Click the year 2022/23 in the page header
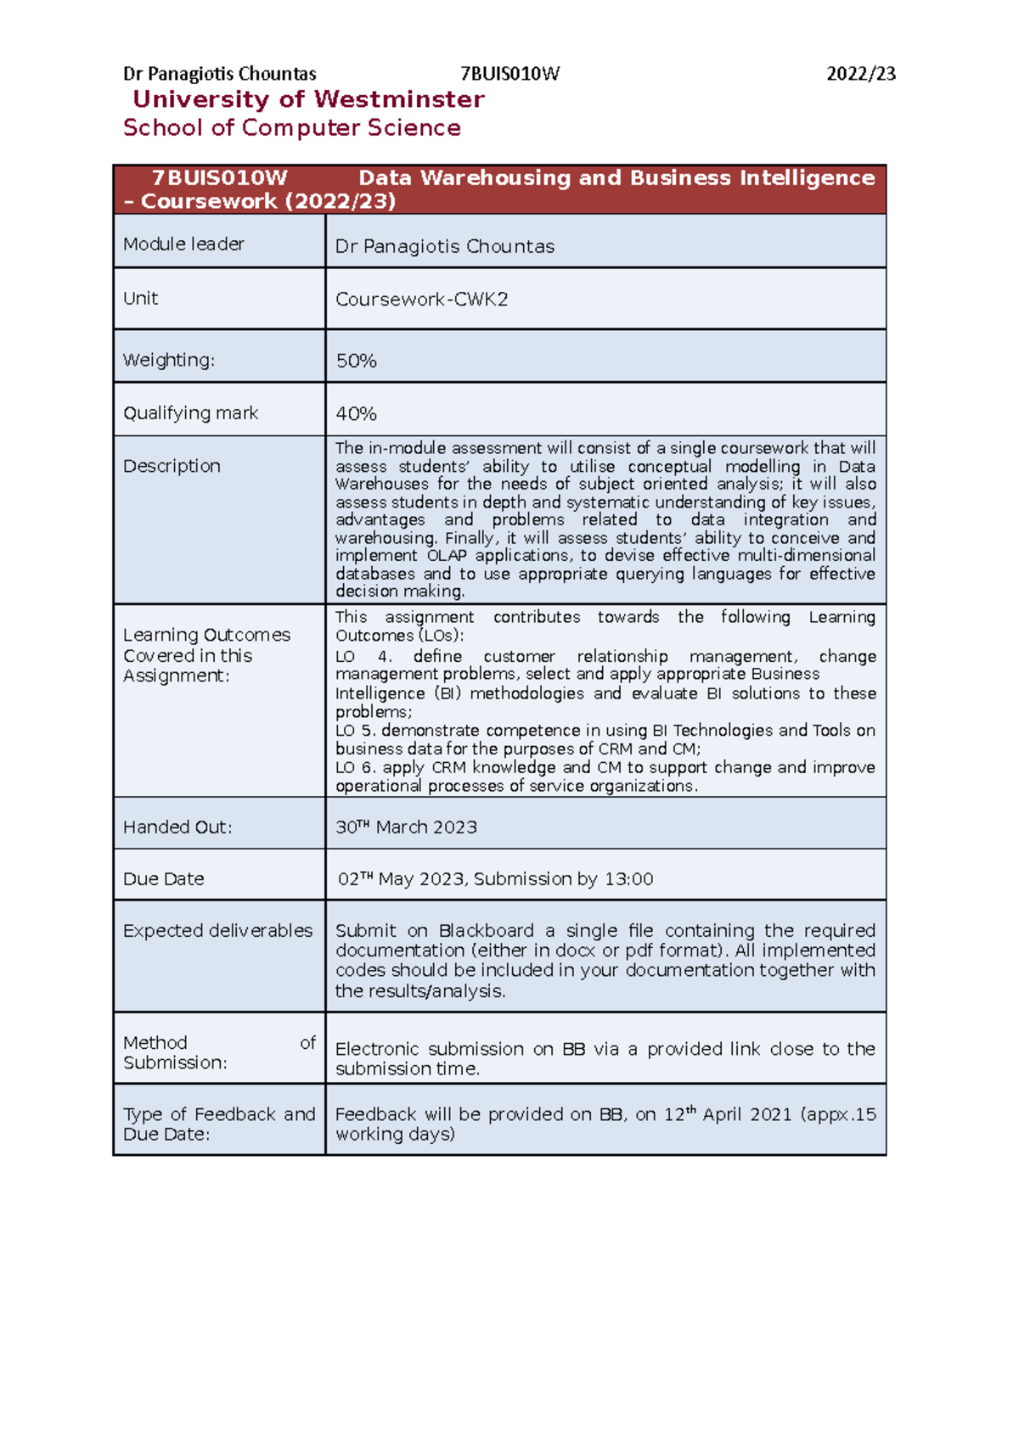coord(860,74)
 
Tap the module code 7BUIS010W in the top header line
coord(509,74)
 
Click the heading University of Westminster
coord(308,99)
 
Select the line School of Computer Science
coord(291,128)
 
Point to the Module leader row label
coord(183,244)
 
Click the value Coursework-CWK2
coord(421,300)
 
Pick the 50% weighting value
coord(356,361)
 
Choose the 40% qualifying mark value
coord(356,414)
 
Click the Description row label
coord(172,466)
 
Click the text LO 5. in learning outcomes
coord(356,731)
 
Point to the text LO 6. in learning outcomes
coord(356,767)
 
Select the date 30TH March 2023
coord(406,827)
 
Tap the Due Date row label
coord(163,879)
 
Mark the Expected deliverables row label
coord(217,931)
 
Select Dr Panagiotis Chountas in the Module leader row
coord(444,247)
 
